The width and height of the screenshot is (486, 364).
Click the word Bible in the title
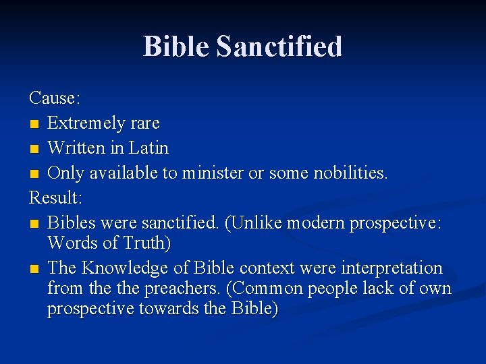coord(177,47)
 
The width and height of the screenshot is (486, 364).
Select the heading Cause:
coord(55,98)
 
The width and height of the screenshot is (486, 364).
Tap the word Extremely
coord(87,123)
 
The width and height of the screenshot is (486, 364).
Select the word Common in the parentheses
coord(267,289)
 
